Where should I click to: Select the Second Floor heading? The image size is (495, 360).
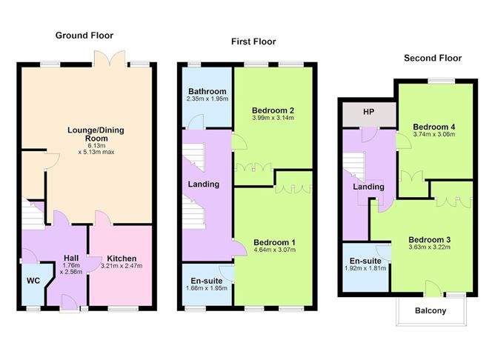pos(432,58)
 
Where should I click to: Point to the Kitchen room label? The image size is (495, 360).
pos(122,259)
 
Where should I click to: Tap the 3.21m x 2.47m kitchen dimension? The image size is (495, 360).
pos(122,267)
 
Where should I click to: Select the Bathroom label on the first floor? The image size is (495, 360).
pos(206,91)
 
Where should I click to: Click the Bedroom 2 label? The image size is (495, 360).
pos(273,110)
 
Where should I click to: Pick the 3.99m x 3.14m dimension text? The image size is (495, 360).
pos(273,118)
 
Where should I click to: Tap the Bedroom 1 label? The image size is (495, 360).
pos(274,242)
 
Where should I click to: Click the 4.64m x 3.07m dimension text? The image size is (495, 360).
pos(274,250)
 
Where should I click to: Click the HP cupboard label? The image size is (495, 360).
pos(368,113)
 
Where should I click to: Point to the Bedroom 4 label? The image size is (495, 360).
pos(434,127)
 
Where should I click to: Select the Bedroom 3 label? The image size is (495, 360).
pos(430,239)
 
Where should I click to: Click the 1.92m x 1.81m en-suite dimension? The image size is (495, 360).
pos(366,268)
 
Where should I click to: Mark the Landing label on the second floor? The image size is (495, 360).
pos(368,187)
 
